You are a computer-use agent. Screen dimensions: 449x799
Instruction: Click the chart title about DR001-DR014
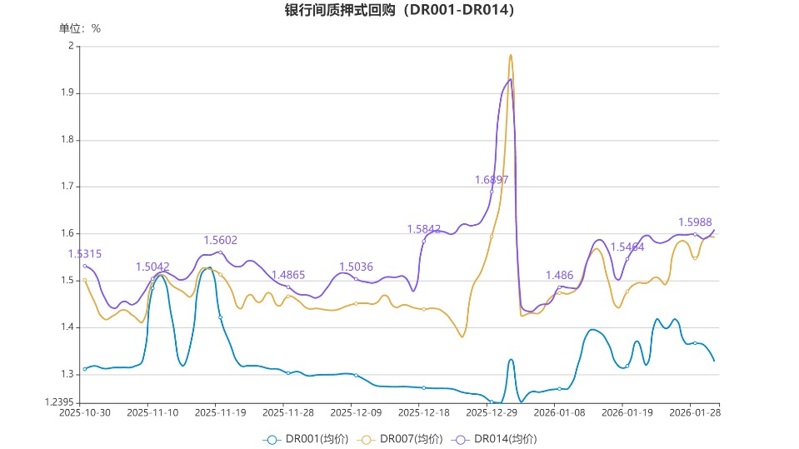[x=399, y=11]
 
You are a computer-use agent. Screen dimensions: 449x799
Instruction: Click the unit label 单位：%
[x=80, y=28]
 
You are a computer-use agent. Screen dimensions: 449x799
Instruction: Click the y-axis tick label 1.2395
[x=59, y=402]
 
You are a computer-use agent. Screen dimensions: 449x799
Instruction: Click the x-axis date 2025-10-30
[x=84, y=412]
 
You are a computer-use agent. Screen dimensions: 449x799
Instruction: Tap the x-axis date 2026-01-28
[x=694, y=412]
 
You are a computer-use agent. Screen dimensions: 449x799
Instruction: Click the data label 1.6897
[x=492, y=179]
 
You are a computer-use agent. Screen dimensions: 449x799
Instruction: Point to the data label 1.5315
[x=84, y=254]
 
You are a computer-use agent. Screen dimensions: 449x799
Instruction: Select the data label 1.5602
[x=220, y=240]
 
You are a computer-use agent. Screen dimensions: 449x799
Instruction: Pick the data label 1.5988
[x=695, y=222]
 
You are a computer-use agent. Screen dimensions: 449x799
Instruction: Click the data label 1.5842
[x=423, y=229]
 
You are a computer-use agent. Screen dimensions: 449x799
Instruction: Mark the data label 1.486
[x=559, y=276]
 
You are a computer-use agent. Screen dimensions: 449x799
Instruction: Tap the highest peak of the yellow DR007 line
[x=510, y=55]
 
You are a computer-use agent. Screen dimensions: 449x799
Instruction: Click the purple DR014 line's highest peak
[x=511, y=79]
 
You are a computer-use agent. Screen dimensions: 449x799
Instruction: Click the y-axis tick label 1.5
[x=69, y=281]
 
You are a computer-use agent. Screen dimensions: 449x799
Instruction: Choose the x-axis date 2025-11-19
[x=220, y=412]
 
